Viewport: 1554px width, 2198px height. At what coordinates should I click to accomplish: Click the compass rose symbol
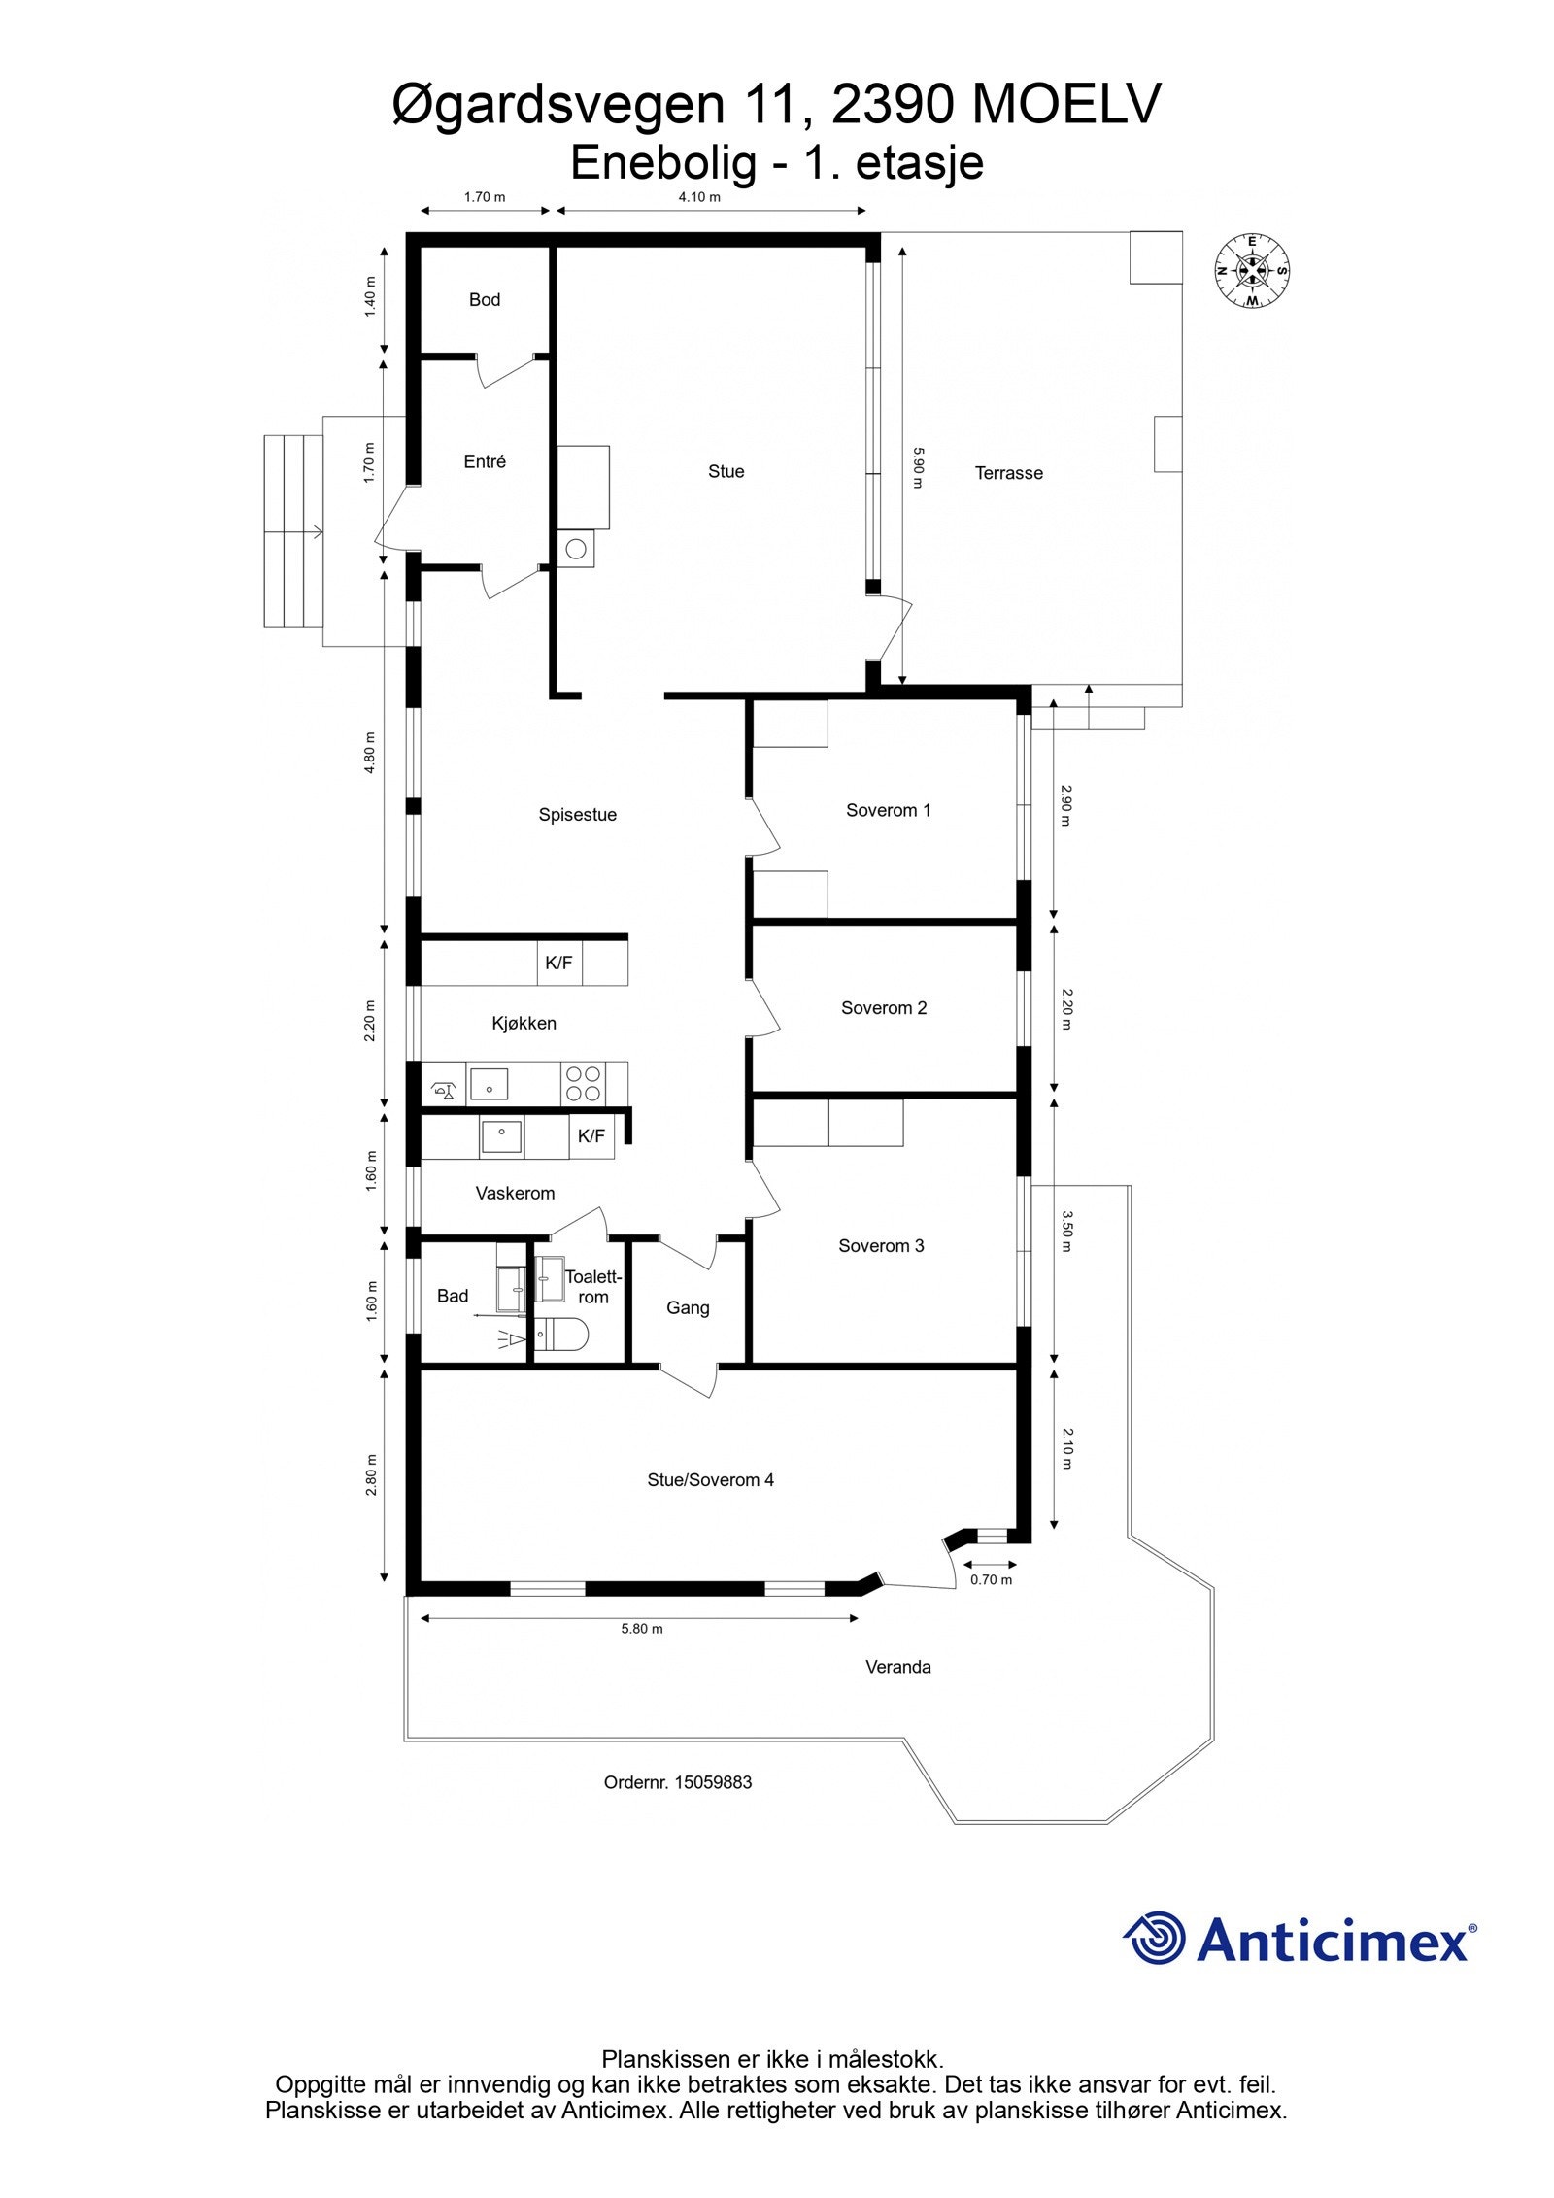click(1252, 271)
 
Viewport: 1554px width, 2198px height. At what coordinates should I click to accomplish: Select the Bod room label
click(484, 300)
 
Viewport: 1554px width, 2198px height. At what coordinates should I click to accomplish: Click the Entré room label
click(484, 462)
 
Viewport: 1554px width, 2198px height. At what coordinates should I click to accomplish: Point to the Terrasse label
click(1008, 474)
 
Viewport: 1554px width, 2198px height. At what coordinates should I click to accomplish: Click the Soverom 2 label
click(883, 1008)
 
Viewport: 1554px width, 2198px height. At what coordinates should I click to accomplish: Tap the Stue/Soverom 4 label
click(710, 1480)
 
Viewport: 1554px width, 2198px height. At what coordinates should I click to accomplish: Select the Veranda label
click(897, 1667)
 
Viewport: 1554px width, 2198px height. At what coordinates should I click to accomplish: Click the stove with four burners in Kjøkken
click(583, 1084)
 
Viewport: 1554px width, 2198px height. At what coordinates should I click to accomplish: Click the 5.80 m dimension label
click(641, 1629)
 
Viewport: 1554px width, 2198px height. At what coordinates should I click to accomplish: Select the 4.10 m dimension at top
click(699, 197)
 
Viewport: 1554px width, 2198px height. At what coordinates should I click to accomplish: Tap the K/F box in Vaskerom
click(591, 1136)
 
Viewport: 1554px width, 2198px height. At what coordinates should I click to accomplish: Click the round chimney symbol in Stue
click(575, 550)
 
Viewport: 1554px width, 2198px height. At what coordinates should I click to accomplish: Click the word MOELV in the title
click(1065, 105)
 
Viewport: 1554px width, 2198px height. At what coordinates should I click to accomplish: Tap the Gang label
click(687, 1308)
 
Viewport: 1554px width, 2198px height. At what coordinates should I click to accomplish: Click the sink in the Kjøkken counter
click(489, 1083)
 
